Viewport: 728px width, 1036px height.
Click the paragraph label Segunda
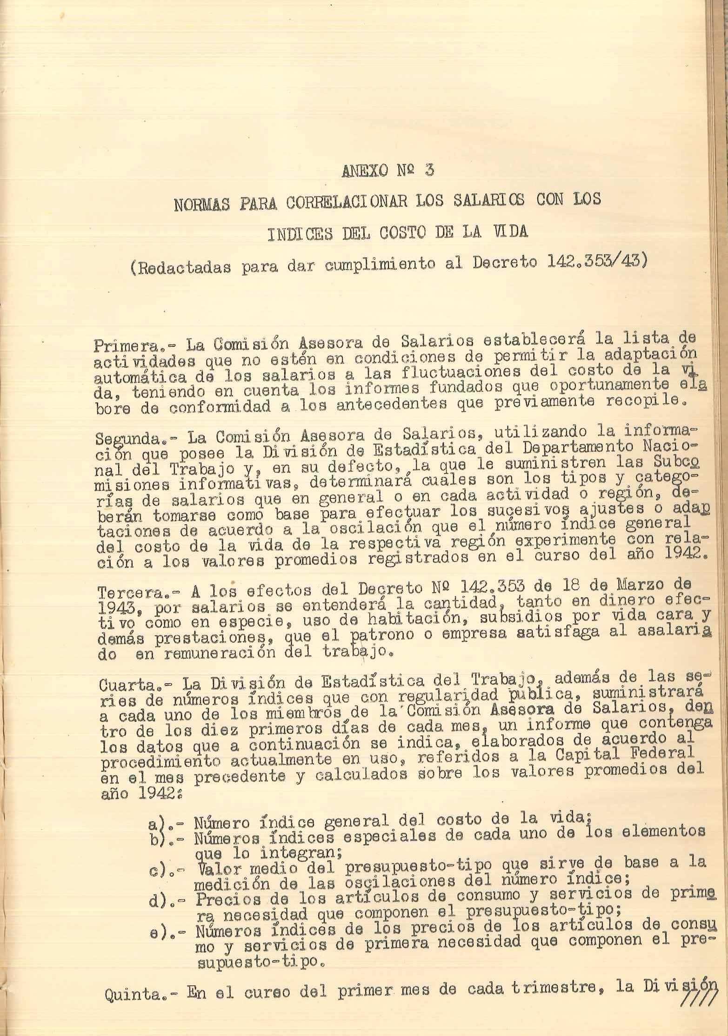click(x=125, y=438)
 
